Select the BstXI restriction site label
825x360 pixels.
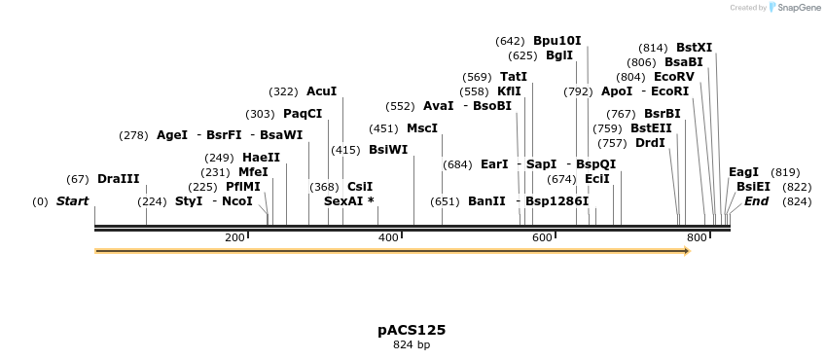tap(694, 48)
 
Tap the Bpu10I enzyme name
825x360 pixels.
tap(556, 41)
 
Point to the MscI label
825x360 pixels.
tap(421, 128)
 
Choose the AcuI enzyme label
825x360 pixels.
tap(321, 91)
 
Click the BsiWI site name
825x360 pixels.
tap(388, 150)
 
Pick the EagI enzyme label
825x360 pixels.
tap(743, 172)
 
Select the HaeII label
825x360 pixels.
tap(261, 158)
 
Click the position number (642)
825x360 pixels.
tap(510, 41)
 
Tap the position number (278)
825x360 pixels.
tap(133, 135)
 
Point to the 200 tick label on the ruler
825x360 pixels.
tap(234, 238)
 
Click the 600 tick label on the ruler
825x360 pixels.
tap(542, 238)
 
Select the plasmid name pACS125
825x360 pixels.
tap(412, 330)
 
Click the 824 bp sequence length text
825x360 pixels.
tap(412, 345)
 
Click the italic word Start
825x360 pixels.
tap(72, 201)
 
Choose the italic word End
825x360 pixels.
tap(756, 201)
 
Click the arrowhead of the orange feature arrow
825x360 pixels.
tap(687, 251)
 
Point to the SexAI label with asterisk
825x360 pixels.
tap(348, 201)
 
